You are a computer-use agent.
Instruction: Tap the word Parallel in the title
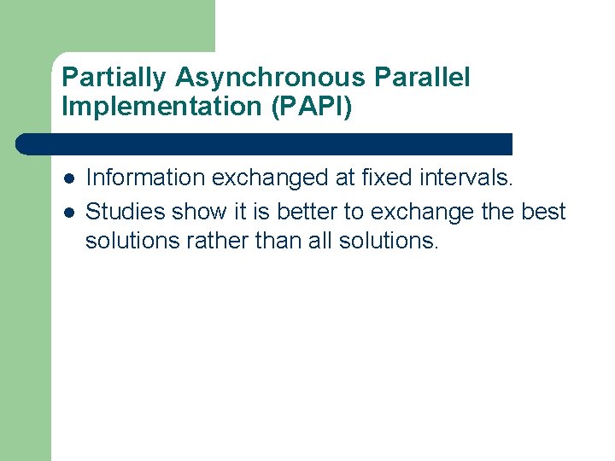422,79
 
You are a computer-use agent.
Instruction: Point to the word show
197,210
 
